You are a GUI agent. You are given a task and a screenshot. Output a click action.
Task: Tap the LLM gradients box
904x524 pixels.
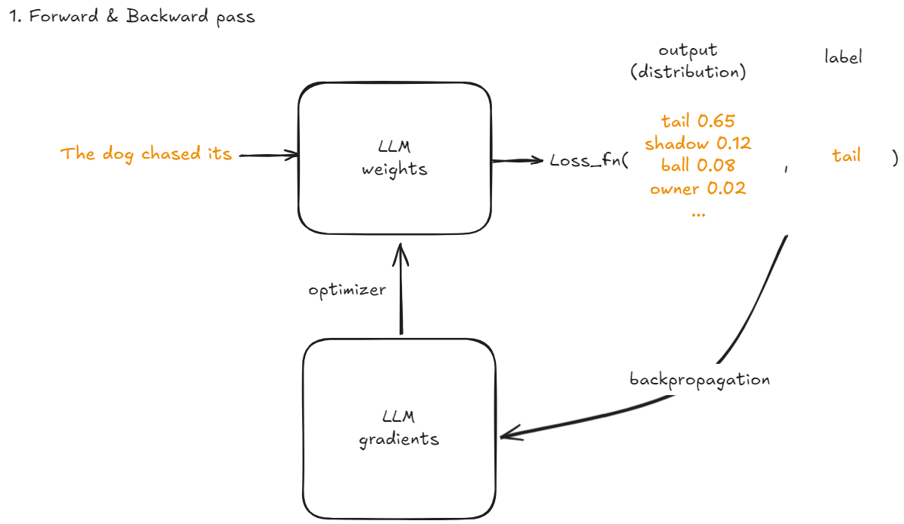pos(399,428)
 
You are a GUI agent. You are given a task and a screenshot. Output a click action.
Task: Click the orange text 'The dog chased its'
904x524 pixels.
pos(146,154)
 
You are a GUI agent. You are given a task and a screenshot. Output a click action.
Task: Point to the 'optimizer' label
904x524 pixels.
pos(347,291)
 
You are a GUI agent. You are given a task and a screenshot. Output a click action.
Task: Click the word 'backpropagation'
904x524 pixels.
pos(700,379)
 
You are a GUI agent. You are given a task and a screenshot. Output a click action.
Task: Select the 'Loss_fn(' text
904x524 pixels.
pos(588,160)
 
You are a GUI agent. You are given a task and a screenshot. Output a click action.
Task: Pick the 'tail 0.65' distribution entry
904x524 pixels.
pos(698,120)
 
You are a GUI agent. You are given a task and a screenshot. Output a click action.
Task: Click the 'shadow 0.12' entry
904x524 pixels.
pos(698,143)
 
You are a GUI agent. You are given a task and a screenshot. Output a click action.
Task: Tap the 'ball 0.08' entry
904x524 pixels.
pos(698,165)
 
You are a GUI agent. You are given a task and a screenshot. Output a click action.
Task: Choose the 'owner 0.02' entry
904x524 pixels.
pos(698,188)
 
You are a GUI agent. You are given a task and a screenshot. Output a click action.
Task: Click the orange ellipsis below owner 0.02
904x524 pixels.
pos(698,214)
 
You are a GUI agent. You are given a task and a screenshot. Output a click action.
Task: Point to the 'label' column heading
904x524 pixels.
pos(843,57)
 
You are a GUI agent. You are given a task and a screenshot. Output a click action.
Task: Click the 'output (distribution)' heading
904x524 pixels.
pos(688,62)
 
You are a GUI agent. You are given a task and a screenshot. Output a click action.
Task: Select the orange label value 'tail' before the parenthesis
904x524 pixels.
pos(846,156)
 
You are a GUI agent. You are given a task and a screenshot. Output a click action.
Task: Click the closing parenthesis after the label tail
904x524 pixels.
pos(894,157)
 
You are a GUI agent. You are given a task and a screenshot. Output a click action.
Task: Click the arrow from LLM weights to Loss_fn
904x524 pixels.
pos(519,160)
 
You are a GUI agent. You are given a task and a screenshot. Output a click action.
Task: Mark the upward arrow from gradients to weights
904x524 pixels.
pos(397,290)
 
